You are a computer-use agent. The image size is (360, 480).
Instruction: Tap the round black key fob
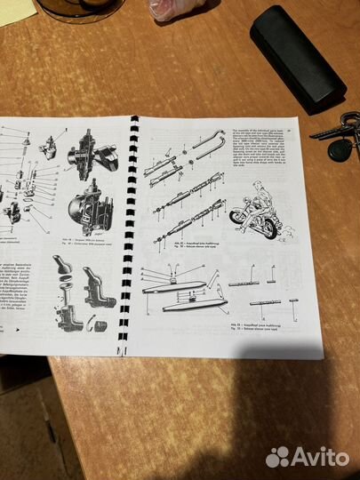point(340,149)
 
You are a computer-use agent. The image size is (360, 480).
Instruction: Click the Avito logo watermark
point(308,457)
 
